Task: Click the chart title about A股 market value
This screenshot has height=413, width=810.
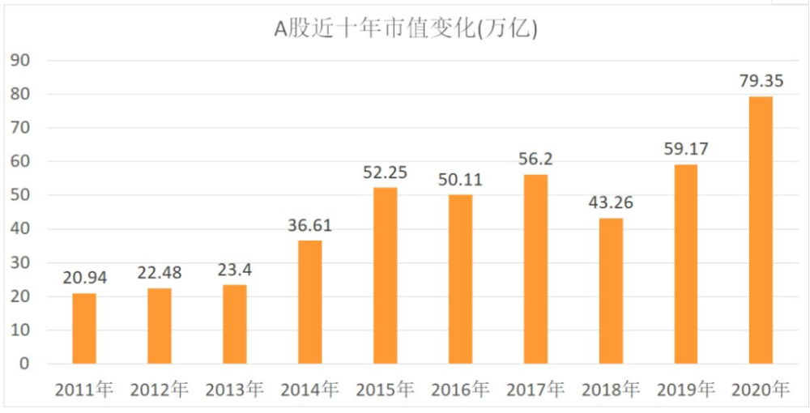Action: (406, 29)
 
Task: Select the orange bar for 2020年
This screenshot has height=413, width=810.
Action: (761, 230)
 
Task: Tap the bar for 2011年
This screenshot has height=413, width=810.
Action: (84, 328)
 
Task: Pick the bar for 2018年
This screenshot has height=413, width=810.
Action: (611, 292)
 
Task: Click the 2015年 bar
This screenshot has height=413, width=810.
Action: (386, 275)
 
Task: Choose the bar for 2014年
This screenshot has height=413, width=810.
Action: (310, 302)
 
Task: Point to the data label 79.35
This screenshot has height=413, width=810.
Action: (761, 82)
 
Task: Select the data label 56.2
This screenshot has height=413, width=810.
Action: (535, 159)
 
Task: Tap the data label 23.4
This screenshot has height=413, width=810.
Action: (235, 270)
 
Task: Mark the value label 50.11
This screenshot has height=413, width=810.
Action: (460, 180)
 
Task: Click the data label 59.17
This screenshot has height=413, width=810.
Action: (686, 149)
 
